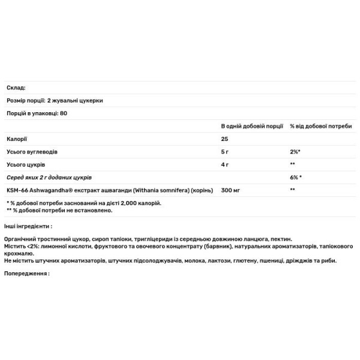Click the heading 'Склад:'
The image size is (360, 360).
pyautogui.click(x=14, y=88)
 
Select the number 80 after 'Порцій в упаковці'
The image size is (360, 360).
pyautogui.click(x=64, y=113)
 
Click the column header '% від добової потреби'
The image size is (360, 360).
pyautogui.click(x=321, y=127)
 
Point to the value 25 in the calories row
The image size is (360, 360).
pyautogui.click(x=225, y=139)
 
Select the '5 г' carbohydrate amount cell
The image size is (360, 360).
pyautogui.click(x=225, y=152)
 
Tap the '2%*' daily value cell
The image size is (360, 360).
pyautogui.click(x=295, y=152)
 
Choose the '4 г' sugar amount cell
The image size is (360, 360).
pyautogui.click(x=225, y=164)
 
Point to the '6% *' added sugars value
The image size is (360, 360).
pyautogui.click(x=296, y=178)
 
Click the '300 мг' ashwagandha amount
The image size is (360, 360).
pyautogui.click(x=230, y=190)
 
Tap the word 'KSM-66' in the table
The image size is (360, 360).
pyautogui.click(x=17, y=190)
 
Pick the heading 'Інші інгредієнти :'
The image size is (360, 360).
pyautogui.click(x=28, y=226)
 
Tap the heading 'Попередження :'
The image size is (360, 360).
pyautogui.click(x=26, y=273)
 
